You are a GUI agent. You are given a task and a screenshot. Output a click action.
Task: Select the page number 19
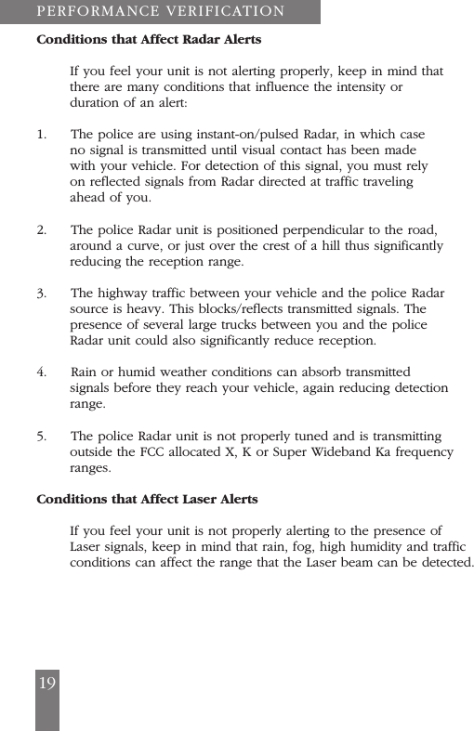coord(46,684)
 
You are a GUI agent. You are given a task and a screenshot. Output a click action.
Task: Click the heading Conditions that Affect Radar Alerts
coord(149,40)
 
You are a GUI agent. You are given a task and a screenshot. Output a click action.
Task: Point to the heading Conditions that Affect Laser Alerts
coord(147,499)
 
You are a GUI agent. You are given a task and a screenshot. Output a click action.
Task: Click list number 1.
coord(41,135)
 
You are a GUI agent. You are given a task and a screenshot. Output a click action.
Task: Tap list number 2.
coord(42,229)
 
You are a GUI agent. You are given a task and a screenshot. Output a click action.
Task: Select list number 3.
coord(42,294)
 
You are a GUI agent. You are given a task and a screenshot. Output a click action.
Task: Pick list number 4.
coord(42,372)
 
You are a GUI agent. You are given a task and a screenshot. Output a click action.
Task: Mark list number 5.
coord(42,436)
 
